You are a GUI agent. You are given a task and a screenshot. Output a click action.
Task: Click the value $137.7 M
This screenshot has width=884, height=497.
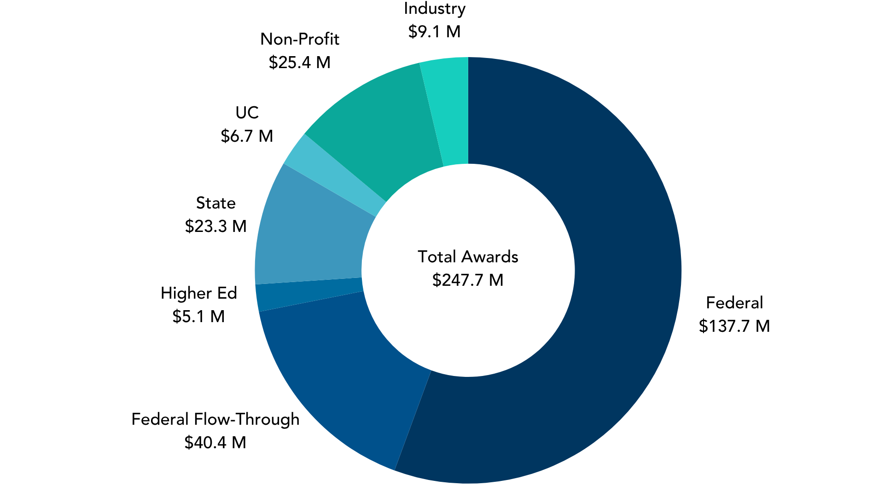pos(734,326)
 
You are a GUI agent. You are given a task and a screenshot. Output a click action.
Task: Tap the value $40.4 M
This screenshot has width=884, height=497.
pos(215,442)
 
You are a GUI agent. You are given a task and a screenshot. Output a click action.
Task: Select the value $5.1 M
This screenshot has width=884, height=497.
pos(198,316)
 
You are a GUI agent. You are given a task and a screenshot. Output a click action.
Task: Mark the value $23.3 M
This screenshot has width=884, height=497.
pos(215,226)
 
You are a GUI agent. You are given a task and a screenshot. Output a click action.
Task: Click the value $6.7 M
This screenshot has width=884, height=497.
pos(247,136)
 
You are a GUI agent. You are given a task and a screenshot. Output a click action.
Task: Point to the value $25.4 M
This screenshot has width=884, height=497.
pos(300,62)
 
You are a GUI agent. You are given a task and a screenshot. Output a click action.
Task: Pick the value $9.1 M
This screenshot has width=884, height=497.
pos(434,31)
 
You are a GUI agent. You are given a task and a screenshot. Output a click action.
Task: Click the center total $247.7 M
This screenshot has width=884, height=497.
pos(468,280)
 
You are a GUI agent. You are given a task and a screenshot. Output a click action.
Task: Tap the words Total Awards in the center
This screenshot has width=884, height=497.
pos(468,256)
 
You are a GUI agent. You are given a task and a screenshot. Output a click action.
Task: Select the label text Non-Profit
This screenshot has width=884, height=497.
pos(300,39)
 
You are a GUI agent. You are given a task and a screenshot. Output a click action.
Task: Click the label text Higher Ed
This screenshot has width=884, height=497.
pos(198,293)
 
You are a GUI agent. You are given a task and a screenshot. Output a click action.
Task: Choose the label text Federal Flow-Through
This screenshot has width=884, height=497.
pos(215,419)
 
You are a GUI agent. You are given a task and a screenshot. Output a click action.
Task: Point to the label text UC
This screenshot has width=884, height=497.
pos(247,112)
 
